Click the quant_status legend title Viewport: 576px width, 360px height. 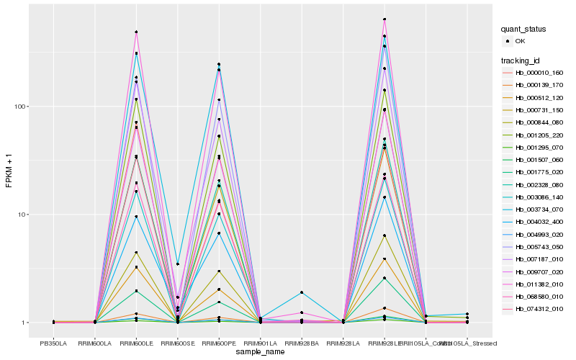coord(524,29)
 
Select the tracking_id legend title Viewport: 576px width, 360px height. coord(521,60)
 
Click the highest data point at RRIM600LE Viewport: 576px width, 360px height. coord(136,32)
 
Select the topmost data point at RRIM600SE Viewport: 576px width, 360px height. coord(178,264)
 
